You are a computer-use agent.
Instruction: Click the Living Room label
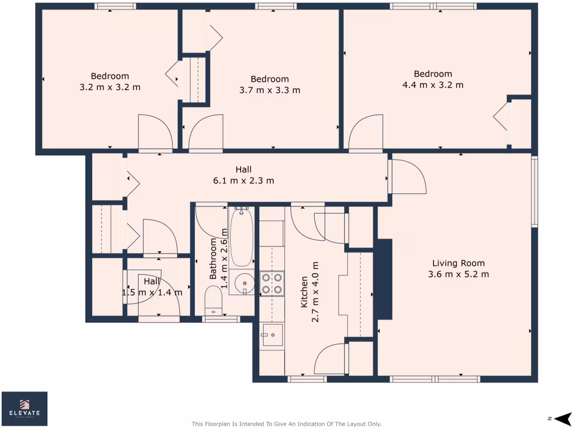pyautogui.click(x=458, y=263)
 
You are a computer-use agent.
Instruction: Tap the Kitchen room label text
pyautogui.click(x=304, y=292)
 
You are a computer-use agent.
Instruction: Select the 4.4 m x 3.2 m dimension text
pyautogui.click(x=433, y=85)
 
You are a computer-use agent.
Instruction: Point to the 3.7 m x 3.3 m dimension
pyautogui.click(x=269, y=90)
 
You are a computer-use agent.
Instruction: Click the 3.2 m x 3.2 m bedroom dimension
pyautogui.click(x=110, y=87)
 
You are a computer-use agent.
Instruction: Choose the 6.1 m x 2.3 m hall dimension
pyautogui.click(x=243, y=180)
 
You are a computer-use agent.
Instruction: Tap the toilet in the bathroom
pyautogui.click(x=213, y=301)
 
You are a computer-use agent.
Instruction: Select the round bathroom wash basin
pyautogui.click(x=244, y=284)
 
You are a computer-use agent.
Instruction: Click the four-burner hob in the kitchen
pyautogui.click(x=272, y=283)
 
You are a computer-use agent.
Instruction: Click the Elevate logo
pyautogui.click(x=25, y=409)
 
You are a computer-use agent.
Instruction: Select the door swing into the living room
pyautogui.click(x=408, y=176)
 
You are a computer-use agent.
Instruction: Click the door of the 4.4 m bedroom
pyautogui.click(x=366, y=133)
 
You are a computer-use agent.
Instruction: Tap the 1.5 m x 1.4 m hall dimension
pyautogui.click(x=152, y=292)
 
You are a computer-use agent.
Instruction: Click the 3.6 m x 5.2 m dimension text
pyautogui.click(x=458, y=274)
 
